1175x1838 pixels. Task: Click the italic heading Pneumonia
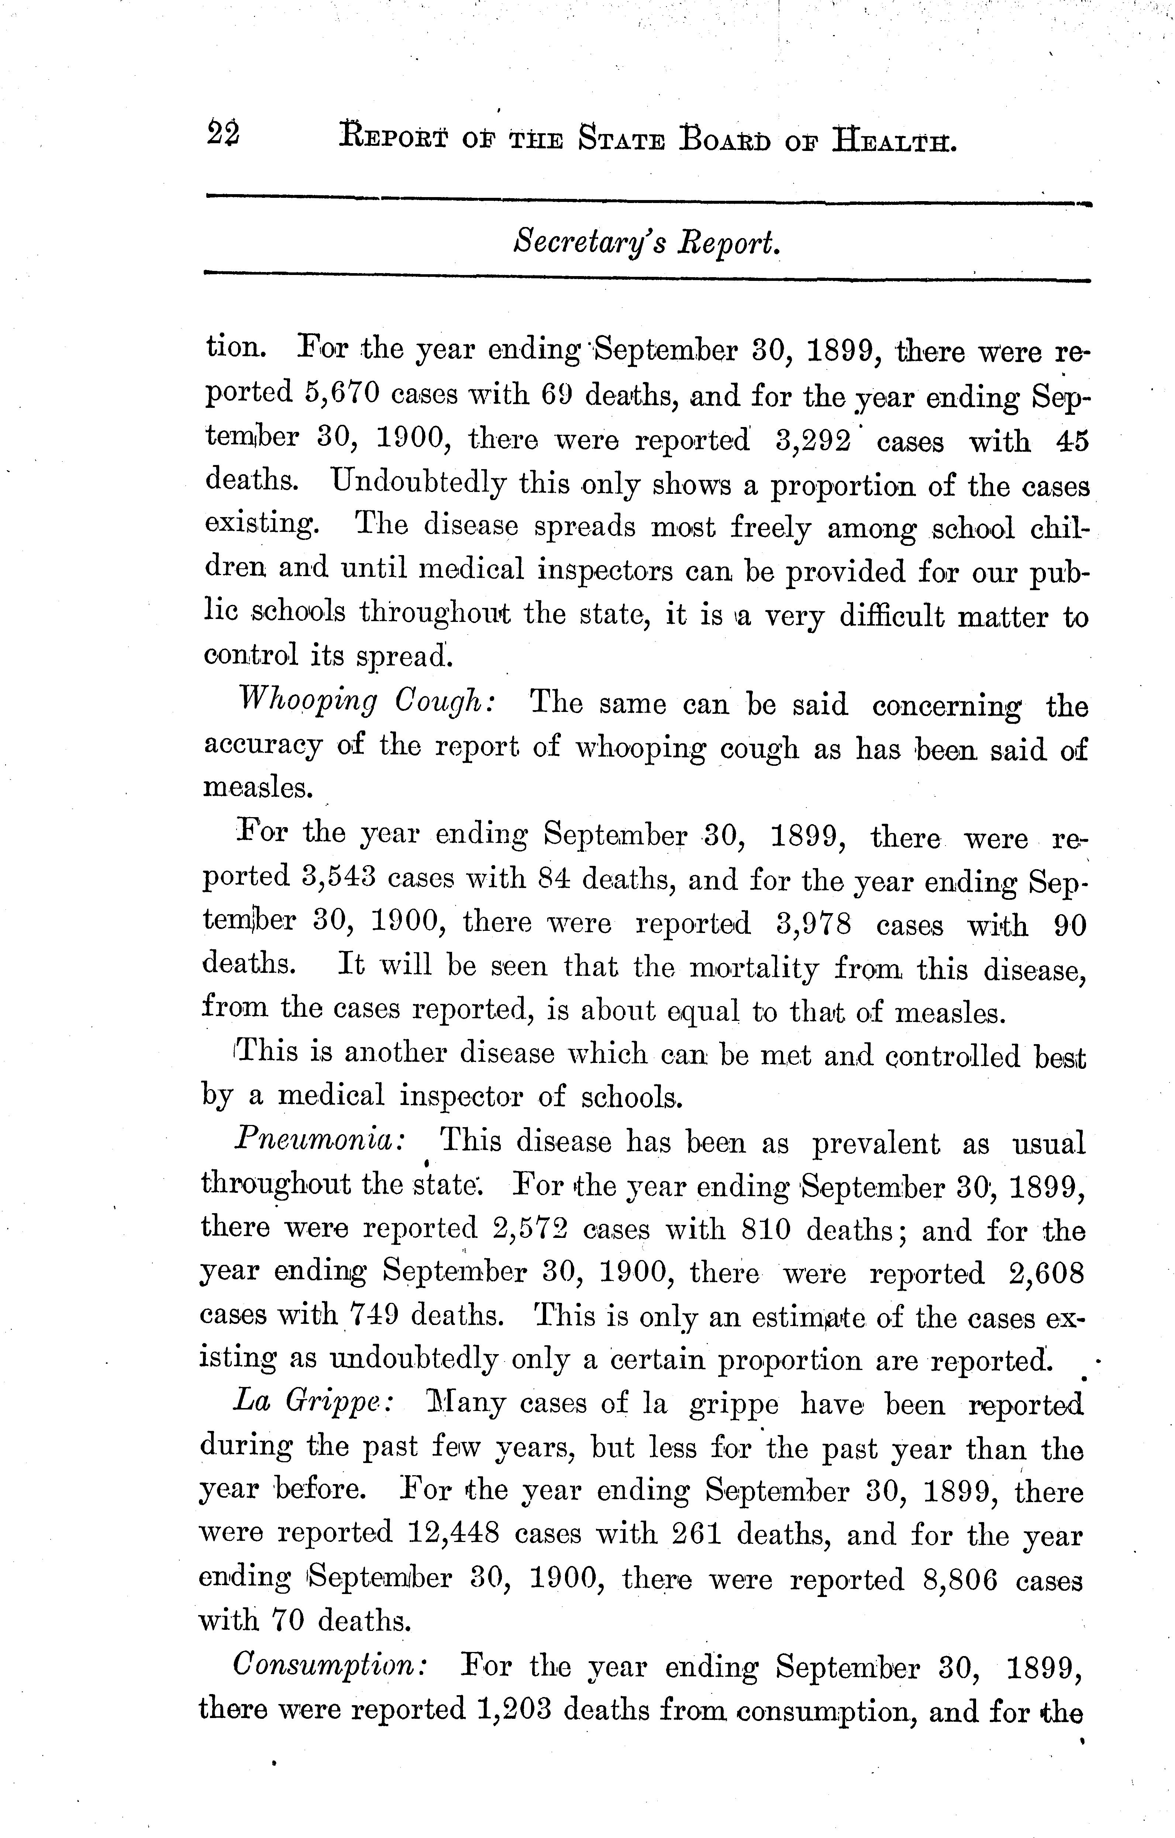click(319, 1143)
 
